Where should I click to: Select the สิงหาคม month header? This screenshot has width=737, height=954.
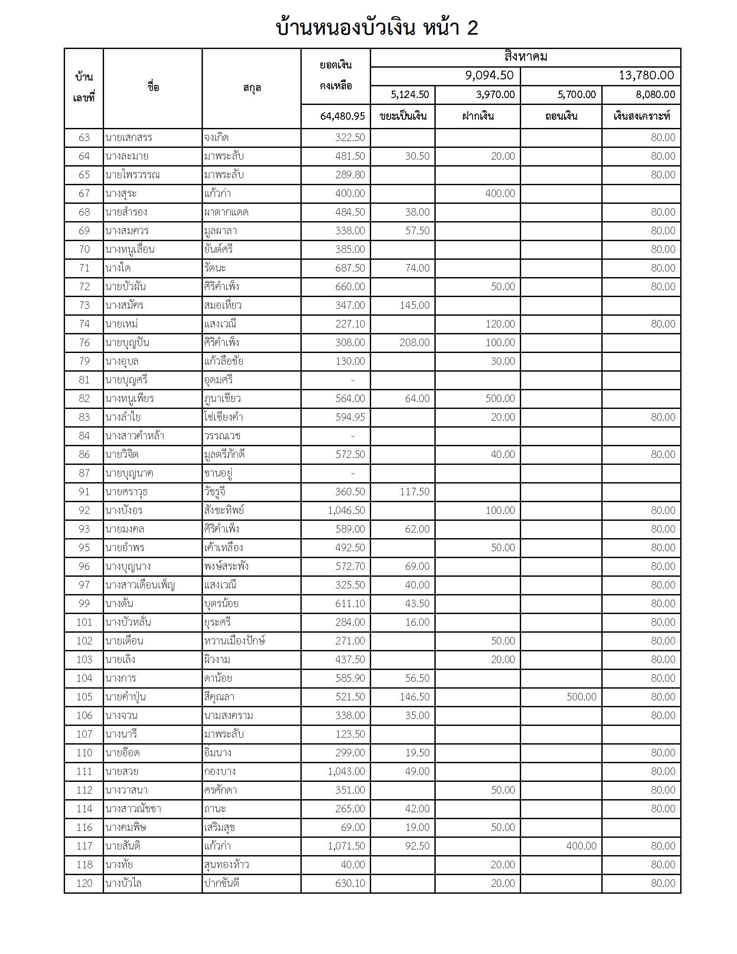525,57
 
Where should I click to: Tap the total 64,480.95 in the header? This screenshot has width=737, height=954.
342,116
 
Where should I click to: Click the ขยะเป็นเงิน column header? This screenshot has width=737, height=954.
403,116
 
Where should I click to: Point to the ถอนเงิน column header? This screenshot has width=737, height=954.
561,116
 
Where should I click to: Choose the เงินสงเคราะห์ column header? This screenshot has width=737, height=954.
641,116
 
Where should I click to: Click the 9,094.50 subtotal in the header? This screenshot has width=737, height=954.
489,75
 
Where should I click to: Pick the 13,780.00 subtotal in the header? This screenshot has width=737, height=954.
646,75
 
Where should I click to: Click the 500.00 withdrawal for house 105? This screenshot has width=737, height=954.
581,697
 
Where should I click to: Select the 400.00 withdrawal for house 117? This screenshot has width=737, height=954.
581,846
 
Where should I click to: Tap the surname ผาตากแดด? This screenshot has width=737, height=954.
226,212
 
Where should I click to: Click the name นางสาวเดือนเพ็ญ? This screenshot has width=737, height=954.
140,585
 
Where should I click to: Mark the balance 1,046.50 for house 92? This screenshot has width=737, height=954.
346,510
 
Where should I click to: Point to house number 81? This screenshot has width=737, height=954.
84,380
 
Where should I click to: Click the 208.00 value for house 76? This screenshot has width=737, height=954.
414,343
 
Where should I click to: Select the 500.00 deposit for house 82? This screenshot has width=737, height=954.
500,399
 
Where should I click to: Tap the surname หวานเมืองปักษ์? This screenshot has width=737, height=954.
235,641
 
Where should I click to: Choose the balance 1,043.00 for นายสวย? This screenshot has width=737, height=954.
346,771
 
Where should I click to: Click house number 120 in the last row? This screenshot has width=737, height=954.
84,883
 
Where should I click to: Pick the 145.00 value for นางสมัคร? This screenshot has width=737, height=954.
414,305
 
